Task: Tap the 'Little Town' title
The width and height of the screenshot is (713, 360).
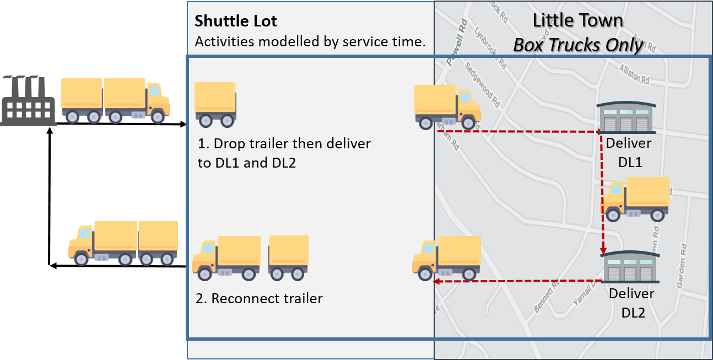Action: (x=577, y=21)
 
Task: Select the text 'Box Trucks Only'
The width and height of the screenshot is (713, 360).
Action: (x=578, y=45)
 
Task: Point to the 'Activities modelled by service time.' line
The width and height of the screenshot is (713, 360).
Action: (x=310, y=42)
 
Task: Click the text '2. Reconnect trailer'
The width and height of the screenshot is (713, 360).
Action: (x=259, y=299)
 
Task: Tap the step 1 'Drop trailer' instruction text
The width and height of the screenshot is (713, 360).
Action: (x=284, y=153)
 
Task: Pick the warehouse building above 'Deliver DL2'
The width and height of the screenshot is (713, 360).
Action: (x=630, y=269)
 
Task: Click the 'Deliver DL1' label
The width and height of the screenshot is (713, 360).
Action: (x=629, y=153)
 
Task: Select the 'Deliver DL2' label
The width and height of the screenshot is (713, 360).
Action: (x=631, y=303)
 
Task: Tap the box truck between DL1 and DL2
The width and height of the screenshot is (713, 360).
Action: (x=635, y=199)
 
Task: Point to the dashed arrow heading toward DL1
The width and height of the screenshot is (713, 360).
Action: (x=518, y=132)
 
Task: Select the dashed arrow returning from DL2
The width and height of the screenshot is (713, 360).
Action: (x=515, y=282)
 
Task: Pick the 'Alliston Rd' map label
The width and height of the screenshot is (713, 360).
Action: (x=634, y=74)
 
